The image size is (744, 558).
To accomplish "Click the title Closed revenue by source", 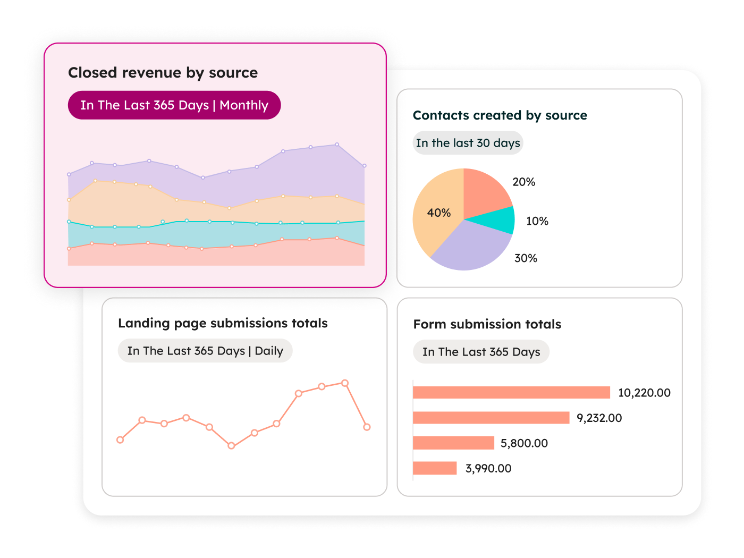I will pyautogui.click(x=163, y=73).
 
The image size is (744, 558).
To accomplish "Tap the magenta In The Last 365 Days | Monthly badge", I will pyautogui.click(x=174, y=105).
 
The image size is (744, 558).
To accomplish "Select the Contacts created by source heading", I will pyautogui.click(x=500, y=115).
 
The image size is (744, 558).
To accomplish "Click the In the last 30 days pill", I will pyautogui.click(x=468, y=143).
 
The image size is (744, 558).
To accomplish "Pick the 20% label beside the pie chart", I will pyautogui.click(x=523, y=182).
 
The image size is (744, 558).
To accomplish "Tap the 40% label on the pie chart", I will pyautogui.click(x=438, y=213).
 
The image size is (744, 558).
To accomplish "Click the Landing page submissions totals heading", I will pyautogui.click(x=223, y=323).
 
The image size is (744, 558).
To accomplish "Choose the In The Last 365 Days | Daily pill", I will pyautogui.click(x=205, y=351).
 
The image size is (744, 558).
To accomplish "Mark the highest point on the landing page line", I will pyautogui.click(x=345, y=383).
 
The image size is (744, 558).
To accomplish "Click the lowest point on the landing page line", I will pyautogui.click(x=231, y=446).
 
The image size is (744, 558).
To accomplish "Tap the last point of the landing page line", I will pyautogui.click(x=367, y=427).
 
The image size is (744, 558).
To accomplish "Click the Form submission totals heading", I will pyautogui.click(x=487, y=324).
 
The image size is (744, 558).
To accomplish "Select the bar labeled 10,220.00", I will pyautogui.click(x=511, y=393).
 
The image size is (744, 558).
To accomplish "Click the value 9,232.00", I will pyautogui.click(x=599, y=418).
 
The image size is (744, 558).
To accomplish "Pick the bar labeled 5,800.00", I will pyautogui.click(x=453, y=443).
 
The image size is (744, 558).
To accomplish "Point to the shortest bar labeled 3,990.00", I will pyautogui.click(x=435, y=468).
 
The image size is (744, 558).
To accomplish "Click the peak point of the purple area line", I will pyautogui.click(x=337, y=145).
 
